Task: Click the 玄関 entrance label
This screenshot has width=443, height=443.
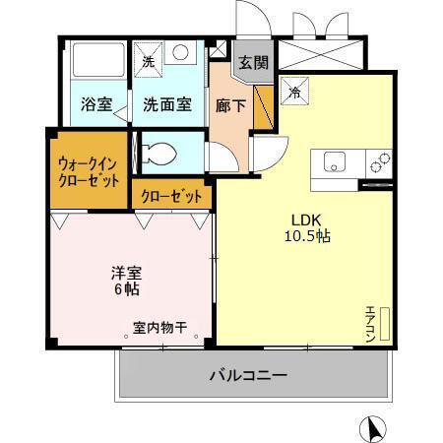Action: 253,62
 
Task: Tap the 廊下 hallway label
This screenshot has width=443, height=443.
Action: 225,105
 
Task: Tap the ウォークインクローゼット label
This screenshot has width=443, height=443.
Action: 89,173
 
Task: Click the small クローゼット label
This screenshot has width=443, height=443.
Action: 171,196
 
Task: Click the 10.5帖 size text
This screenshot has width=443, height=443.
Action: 308,237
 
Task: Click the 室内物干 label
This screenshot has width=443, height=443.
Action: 160,327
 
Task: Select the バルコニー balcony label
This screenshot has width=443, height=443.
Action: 247,375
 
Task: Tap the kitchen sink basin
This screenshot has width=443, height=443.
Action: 331,162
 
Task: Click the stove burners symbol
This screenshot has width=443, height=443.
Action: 379,161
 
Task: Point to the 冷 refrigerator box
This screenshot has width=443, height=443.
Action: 295,93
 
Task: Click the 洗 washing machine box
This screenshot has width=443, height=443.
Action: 149,59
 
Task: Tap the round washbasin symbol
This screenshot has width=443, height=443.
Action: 181,55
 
